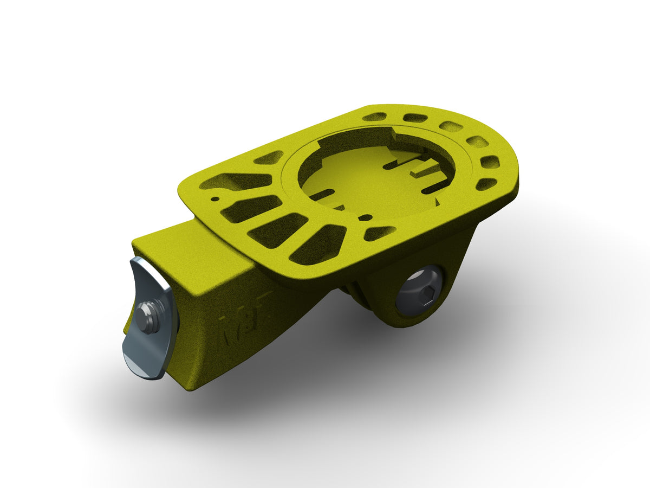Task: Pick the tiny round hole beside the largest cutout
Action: (x=216, y=199)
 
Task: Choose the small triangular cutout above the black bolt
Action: (x=379, y=233)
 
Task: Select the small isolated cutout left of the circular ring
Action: (x=268, y=158)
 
